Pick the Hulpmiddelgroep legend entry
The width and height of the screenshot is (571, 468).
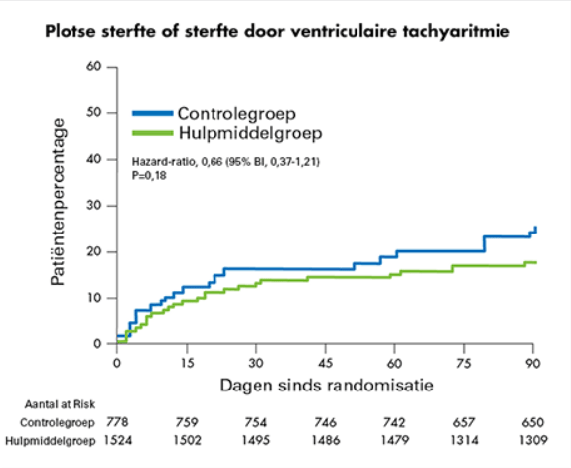[x=243, y=132]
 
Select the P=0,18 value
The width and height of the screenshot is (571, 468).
[x=150, y=174]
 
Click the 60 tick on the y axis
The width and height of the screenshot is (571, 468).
[x=96, y=67]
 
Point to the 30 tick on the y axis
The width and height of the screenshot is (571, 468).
[x=96, y=206]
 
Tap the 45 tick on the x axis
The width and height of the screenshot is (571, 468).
[x=326, y=362]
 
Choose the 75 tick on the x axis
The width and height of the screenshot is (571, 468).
[x=465, y=362]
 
